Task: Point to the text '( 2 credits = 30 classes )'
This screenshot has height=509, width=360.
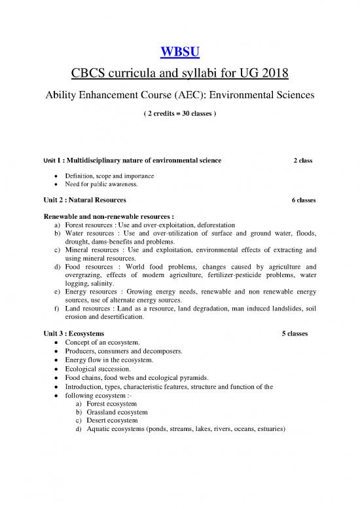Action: pyautogui.click(x=179, y=113)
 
